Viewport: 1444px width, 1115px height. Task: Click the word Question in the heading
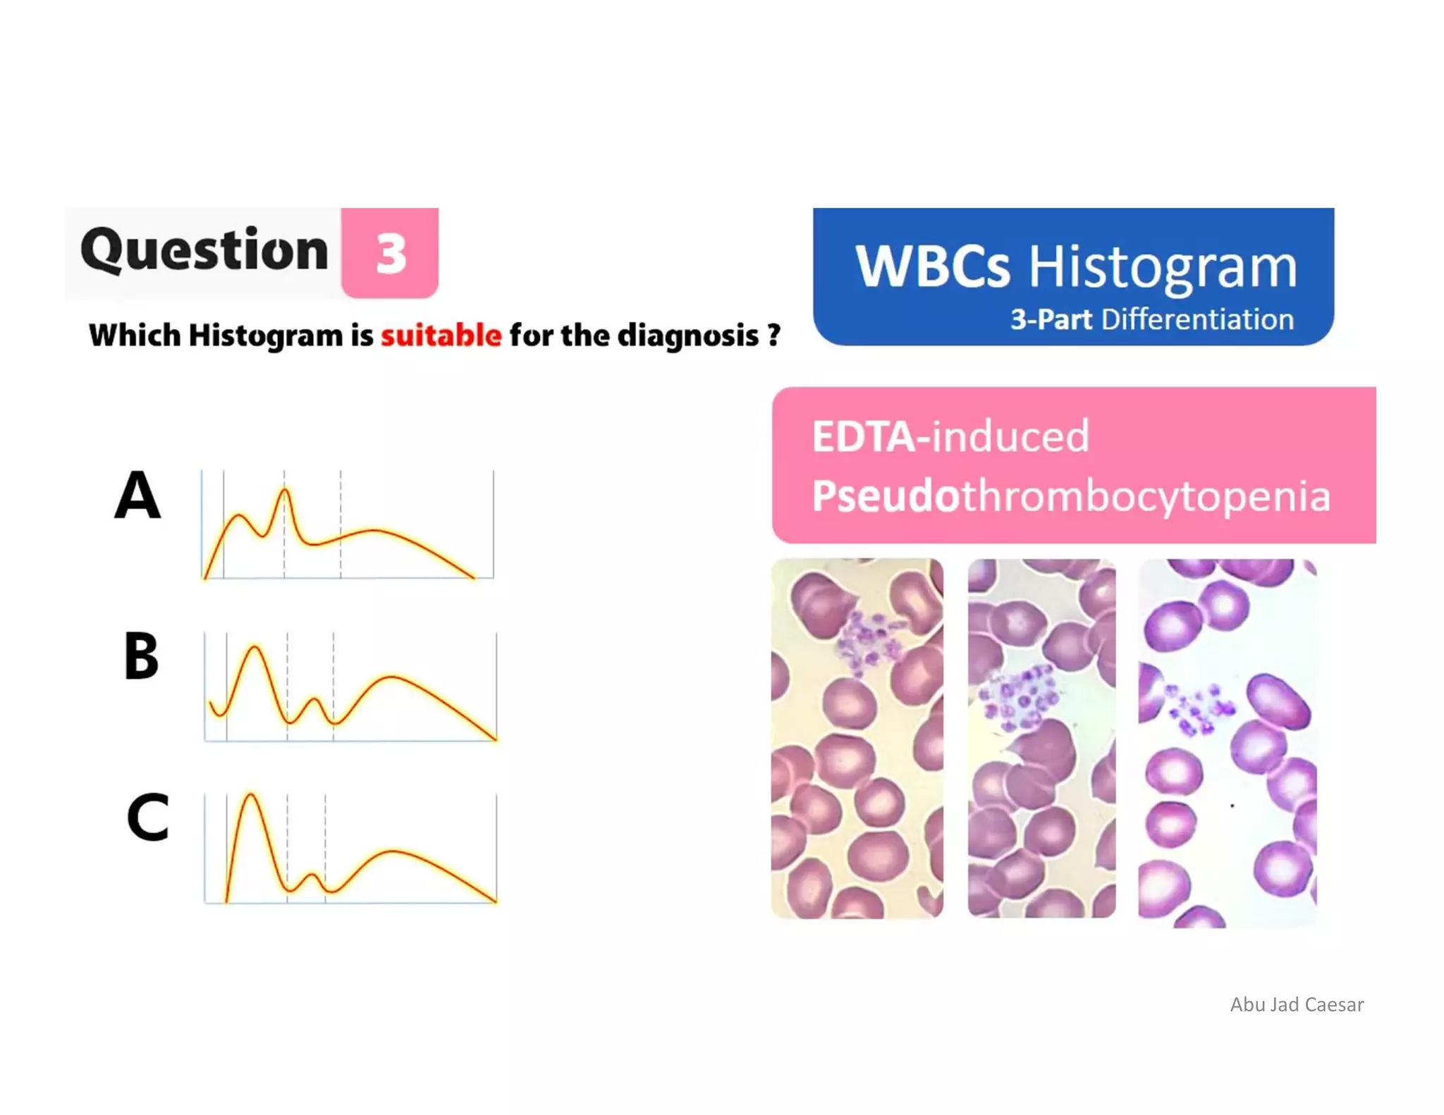[204, 251]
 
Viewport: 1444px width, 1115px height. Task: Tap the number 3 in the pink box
[390, 254]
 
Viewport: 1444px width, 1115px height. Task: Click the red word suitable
[441, 335]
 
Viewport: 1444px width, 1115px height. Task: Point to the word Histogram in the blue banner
[1162, 268]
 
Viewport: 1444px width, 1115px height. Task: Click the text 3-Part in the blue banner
[1051, 319]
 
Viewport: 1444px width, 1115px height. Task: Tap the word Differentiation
[1197, 319]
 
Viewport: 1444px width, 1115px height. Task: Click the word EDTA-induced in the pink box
[950, 436]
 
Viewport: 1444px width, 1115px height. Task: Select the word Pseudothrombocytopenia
[1070, 495]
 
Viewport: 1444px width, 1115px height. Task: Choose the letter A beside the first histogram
[137, 495]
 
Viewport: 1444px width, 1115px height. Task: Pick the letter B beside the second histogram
[141, 656]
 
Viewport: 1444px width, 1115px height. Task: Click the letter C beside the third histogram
[147, 818]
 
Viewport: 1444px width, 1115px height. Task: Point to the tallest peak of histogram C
[250, 795]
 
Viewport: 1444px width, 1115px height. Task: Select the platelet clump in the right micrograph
[1199, 708]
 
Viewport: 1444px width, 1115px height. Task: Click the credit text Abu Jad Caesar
[1296, 1004]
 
